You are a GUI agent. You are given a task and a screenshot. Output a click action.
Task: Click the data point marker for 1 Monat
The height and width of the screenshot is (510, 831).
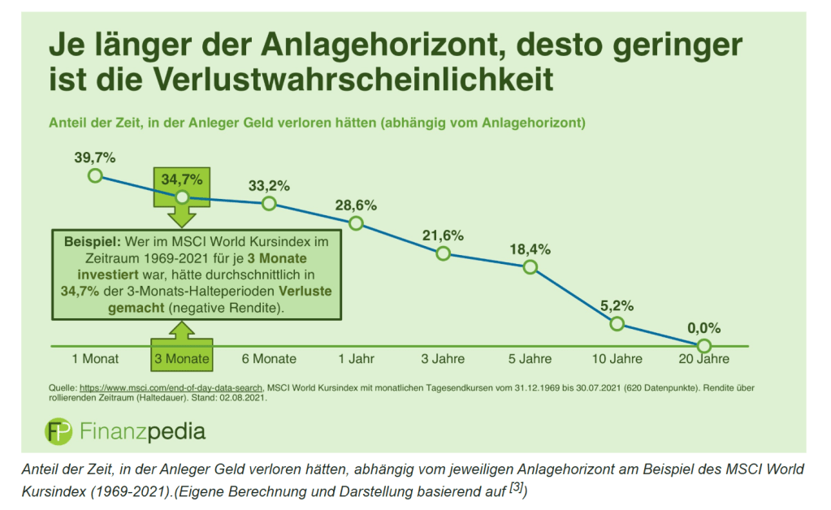(x=95, y=175)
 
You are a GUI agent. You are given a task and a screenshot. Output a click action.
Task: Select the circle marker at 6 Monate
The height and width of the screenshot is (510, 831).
(x=269, y=203)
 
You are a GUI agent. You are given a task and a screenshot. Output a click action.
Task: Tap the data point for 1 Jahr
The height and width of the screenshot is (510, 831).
(x=356, y=223)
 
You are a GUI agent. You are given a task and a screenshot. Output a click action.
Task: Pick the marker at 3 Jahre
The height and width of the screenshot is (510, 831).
(x=443, y=253)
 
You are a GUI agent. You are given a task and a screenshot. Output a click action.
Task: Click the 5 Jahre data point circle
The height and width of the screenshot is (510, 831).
(x=530, y=266)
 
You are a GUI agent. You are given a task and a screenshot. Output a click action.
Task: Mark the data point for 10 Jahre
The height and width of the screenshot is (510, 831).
(x=617, y=324)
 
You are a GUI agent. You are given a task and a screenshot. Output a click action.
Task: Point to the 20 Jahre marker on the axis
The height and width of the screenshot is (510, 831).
(x=703, y=346)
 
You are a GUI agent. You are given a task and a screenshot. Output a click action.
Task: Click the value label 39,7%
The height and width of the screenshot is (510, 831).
(x=94, y=157)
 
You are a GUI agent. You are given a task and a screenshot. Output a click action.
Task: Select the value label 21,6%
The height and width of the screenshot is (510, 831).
(x=443, y=236)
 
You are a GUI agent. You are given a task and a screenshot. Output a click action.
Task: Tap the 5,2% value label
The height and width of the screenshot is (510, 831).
(x=617, y=306)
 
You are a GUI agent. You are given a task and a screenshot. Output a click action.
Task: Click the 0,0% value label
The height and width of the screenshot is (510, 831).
(x=703, y=329)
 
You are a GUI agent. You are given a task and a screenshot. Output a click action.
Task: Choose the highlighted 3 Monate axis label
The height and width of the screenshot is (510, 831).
(x=182, y=358)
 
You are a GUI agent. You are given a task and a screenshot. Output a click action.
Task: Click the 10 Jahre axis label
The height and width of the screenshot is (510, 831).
(x=617, y=358)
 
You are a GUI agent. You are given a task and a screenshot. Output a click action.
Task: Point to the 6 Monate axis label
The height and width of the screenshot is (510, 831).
(x=269, y=358)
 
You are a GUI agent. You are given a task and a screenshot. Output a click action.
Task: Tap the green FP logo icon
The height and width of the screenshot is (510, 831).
(x=58, y=430)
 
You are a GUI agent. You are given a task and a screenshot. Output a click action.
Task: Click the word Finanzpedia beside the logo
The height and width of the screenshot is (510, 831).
(x=143, y=430)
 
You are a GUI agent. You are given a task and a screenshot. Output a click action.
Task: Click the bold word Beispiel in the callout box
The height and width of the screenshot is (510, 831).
(x=85, y=241)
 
